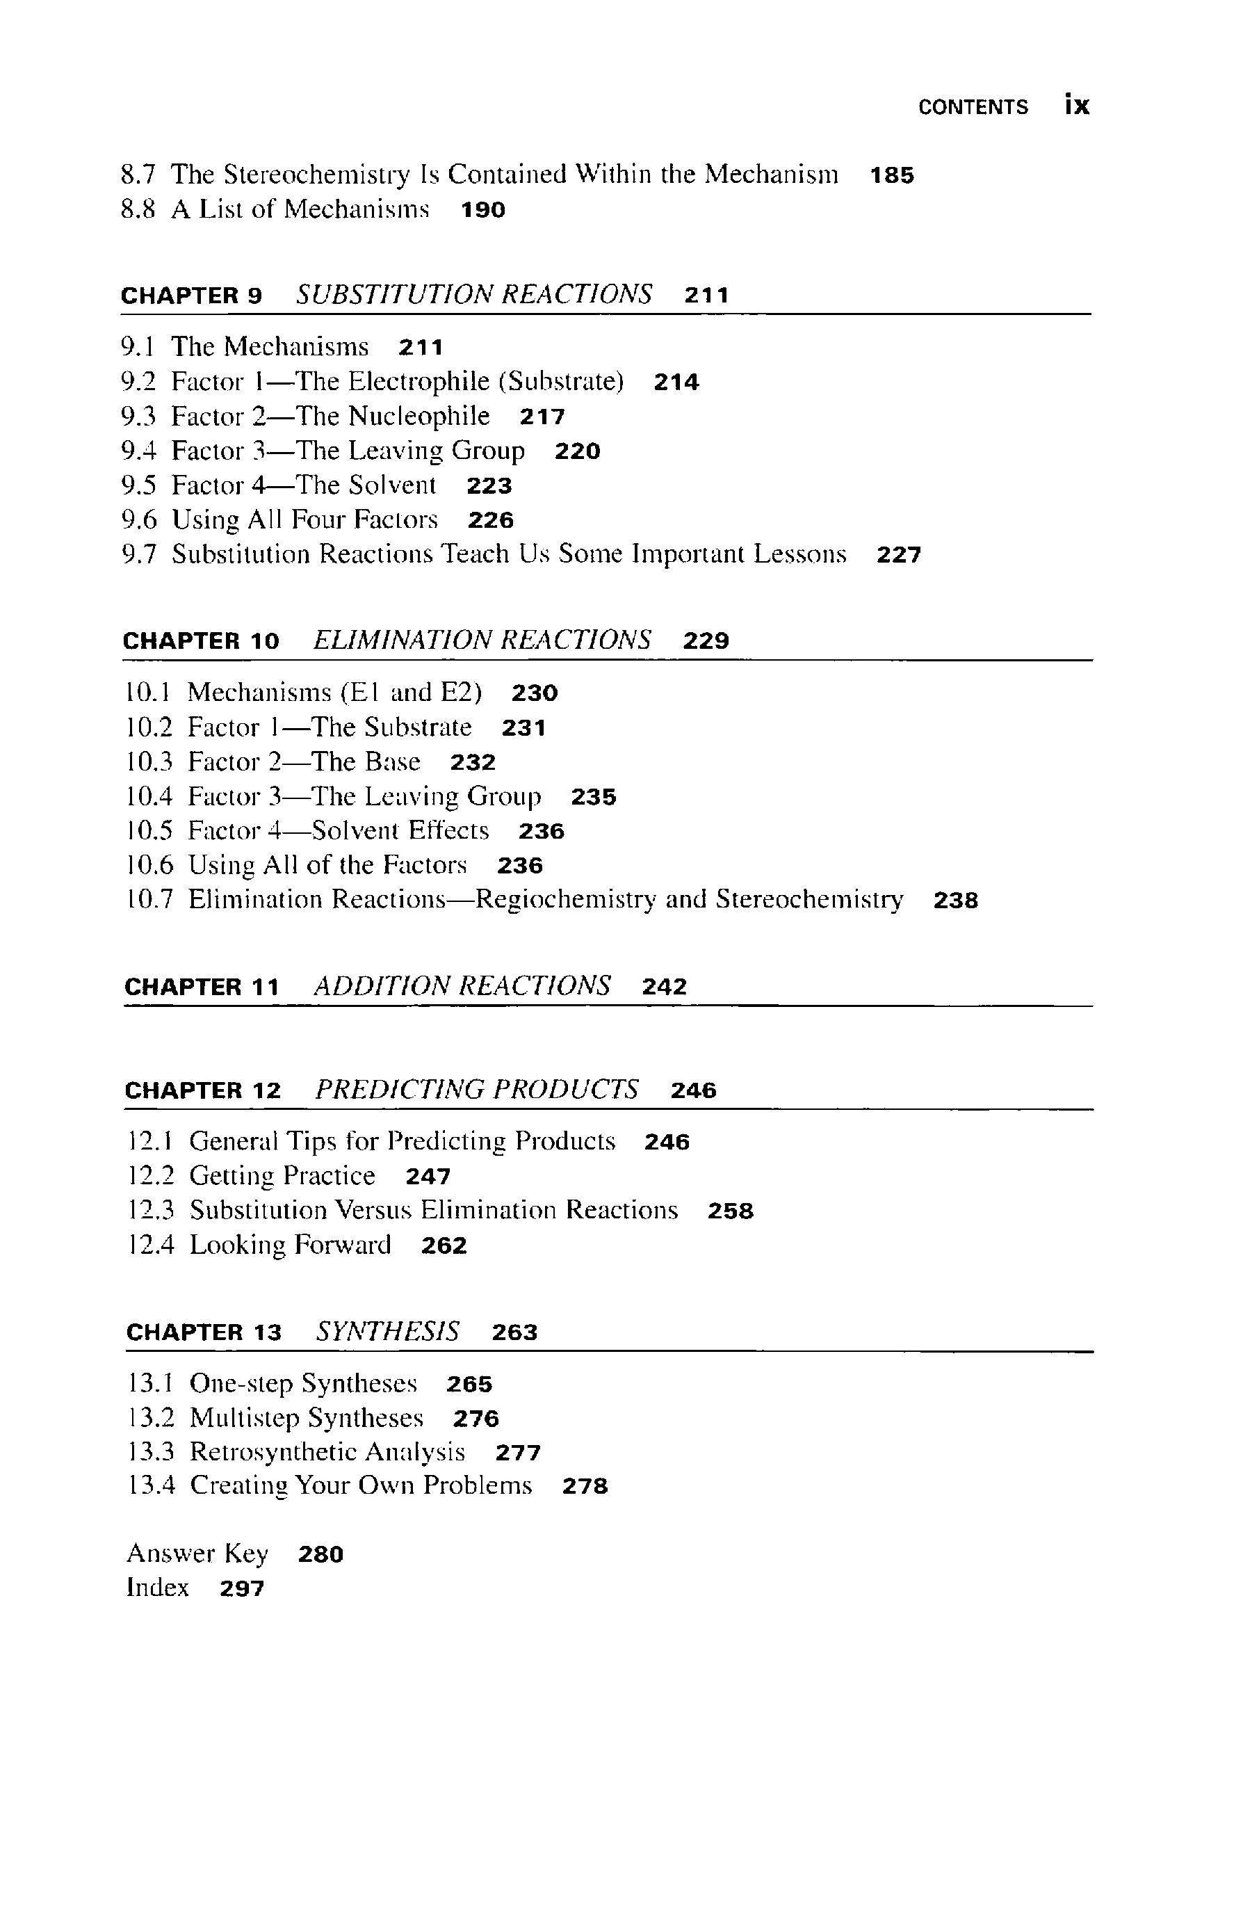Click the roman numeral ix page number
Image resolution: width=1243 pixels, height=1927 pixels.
(1077, 106)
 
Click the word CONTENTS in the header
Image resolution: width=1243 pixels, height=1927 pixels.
(973, 107)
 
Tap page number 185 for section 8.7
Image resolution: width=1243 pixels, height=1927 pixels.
(892, 176)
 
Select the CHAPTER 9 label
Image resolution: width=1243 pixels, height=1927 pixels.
(191, 296)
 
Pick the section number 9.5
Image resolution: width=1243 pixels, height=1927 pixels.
(138, 485)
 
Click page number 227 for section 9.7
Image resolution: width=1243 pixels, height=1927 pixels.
(898, 556)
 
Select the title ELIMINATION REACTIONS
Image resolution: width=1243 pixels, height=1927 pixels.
(481, 640)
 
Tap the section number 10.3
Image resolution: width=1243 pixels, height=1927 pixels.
(149, 762)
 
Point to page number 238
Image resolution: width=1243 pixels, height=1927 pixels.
(956, 901)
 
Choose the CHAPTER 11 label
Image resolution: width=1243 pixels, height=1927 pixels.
(202, 987)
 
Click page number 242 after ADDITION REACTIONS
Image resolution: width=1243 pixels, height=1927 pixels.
(665, 987)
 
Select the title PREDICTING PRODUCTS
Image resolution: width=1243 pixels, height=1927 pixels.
(476, 1090)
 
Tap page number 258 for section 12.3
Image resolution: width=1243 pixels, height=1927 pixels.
(731, 1211)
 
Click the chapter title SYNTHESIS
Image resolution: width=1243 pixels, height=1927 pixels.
(387, 1331)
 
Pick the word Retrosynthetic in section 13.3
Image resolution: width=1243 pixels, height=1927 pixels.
(274, 1452)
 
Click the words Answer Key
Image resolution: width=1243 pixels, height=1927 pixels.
(197, 1554)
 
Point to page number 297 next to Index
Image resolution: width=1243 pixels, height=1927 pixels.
(242, 1589)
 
